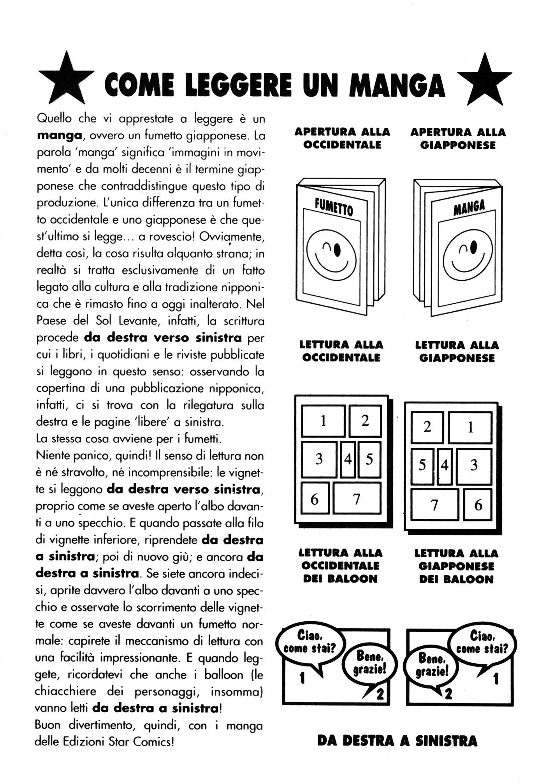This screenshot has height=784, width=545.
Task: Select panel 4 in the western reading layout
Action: tap(348, 460)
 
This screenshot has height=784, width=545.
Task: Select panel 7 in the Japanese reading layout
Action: tap(435, 505)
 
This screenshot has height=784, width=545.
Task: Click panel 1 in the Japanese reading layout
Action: tap(470, 427)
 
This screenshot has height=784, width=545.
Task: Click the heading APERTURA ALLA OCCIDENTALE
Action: tap(342, 138)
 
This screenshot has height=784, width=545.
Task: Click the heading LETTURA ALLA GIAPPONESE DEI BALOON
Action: tap(456, 566)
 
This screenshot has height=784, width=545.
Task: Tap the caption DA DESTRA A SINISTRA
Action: tap(397, 741)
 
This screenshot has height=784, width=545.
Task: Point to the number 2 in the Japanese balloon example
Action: tap(448, 694)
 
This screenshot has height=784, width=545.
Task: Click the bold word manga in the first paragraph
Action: tap(59, 136)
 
